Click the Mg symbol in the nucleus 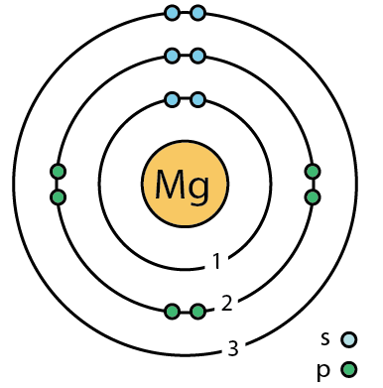pyautogui.click(x=183, y=185)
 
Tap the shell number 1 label pyautogui.click(x=216, y=261)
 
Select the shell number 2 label pyautogui.click(x=226, y=303)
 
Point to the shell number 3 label pyautogui.click(x=233, y=347)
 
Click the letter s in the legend pyautogui.click(x=325, y=339)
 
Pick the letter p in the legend pyautogui.click(x=323, y=371)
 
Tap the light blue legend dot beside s pyautogui.click(x=348, y=339)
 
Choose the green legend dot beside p pyautogui.click(x=348, y=369)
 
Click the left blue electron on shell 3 pyautogui.click(x=173, y=13)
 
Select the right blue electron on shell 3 pyautogui.click(x=197, y=13)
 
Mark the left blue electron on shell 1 pyautogui.click(x=173, y=99)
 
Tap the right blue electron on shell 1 pyautogui.click(x=197, y=99)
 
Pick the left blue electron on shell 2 pyautogui.click(x=173, y=56)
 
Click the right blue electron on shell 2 pyautogui.click(x=197, y=56)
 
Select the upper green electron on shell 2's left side pyautogui.click(x=58, y=172)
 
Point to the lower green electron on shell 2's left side pyautogui.click(x=58, y=197)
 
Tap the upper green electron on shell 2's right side pyautogui.click(x=313, y=172)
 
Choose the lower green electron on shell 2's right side pyautogui.click(x=313, y=197)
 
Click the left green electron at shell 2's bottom pyautogui.click(x=173, y=312)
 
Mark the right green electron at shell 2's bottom pyautogui.click(x=197, y=312)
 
